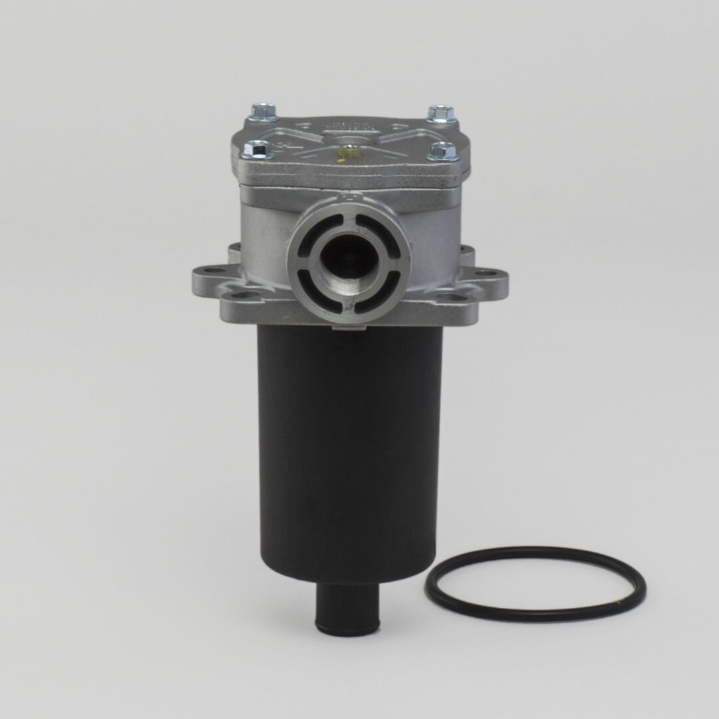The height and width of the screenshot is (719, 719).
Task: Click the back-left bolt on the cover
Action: pyautogui.click(x=263, y=111)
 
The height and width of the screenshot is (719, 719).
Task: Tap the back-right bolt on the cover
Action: pyautogui.click(x=441, y=113)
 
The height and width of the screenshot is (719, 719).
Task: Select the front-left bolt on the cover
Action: pyautogui.click(x=258, y=150)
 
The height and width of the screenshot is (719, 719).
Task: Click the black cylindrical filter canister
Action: pyautogui.click(x=349, y=453)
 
